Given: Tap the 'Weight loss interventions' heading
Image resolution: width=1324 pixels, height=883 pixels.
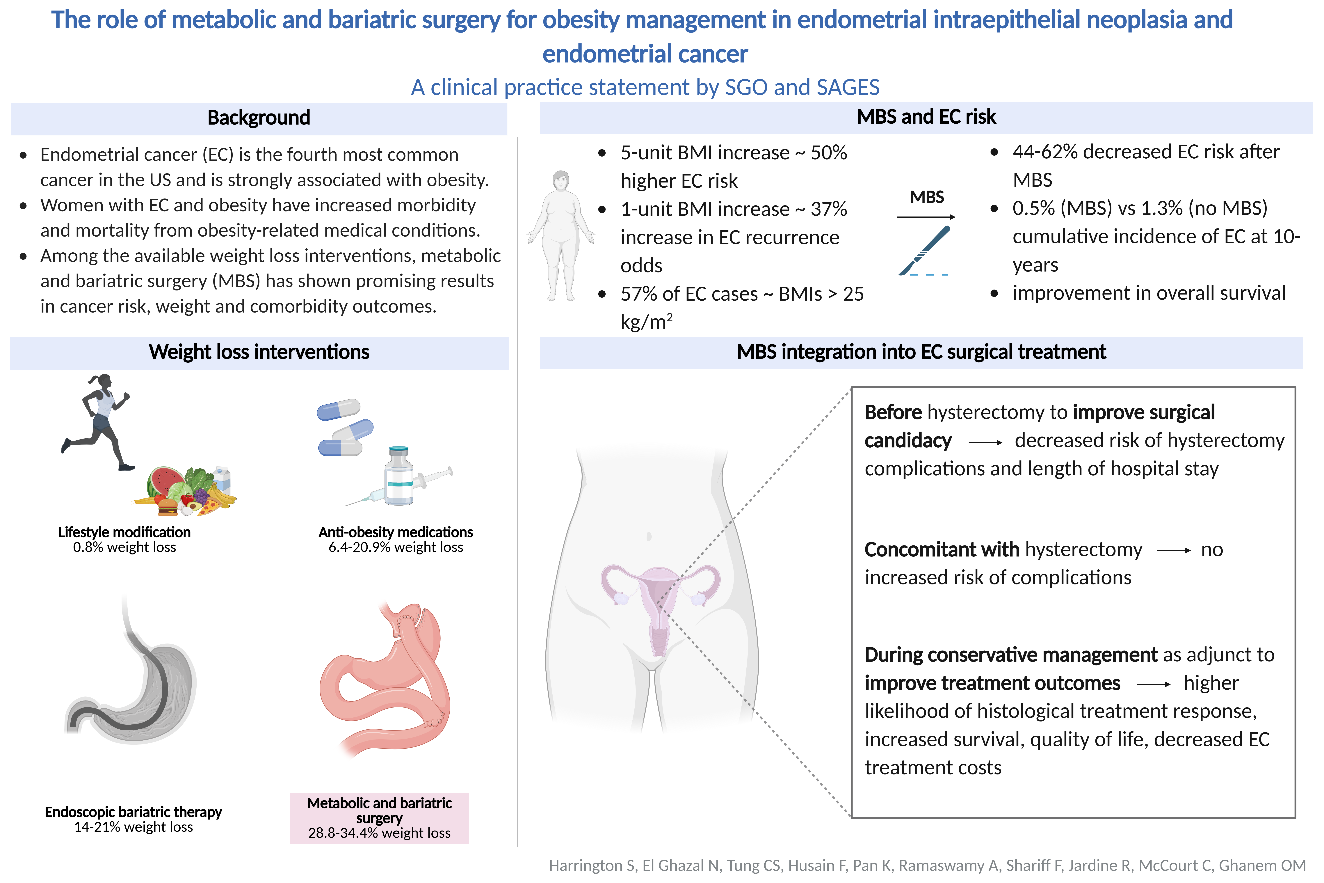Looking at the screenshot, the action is click(x=259, y=352).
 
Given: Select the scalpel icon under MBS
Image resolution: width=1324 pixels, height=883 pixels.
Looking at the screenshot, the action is click(x=924, y=251).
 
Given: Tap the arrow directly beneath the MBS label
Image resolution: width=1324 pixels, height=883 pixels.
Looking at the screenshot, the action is click(x=926, y=217).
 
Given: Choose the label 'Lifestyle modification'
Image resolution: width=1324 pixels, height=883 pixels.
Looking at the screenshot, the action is click(x=124, y=532).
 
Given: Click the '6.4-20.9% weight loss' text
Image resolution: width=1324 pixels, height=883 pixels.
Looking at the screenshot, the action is click(x=396, y=547).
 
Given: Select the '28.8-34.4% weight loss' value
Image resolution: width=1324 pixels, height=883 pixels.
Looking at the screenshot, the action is click(x=379, y=833).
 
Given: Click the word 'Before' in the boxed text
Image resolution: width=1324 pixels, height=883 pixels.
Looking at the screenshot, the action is click(x=893, y=412).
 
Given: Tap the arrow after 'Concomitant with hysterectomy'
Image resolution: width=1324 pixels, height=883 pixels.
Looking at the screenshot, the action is click(x=1174, y=551).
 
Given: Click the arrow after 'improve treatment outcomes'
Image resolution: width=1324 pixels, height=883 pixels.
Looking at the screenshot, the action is click(x=1153, y=684).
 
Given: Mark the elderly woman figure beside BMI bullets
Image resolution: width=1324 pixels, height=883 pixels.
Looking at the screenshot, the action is click(x=561, y=235).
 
